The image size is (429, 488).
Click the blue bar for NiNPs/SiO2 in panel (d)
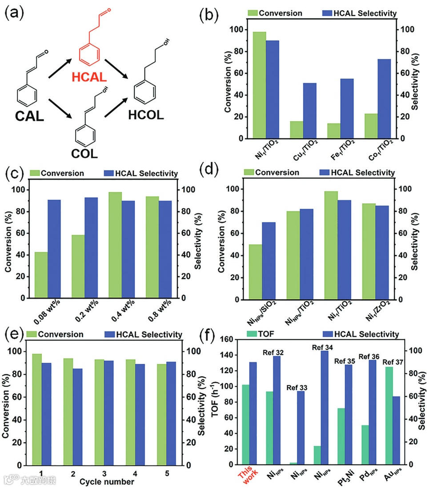269,261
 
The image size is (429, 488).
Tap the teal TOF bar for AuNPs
389,416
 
